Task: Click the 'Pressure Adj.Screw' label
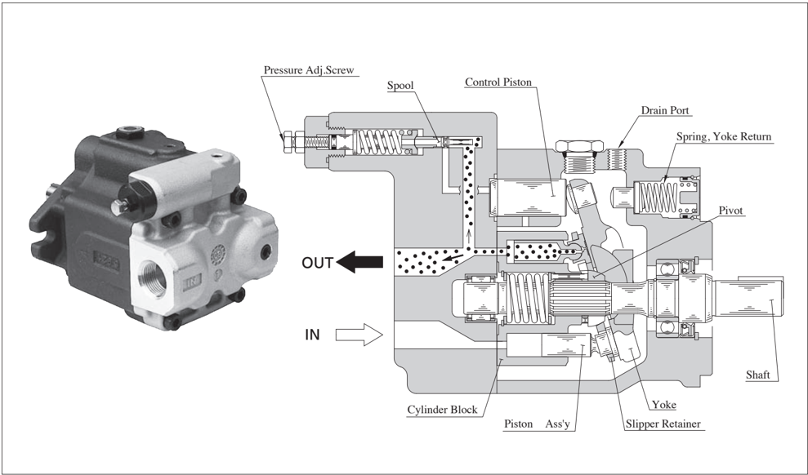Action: coord(308,70)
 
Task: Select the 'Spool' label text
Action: coord(400,85)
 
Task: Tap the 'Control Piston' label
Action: coord(502,82)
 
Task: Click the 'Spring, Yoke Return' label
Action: coord(723,136)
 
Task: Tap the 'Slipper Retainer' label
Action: coord(662,424)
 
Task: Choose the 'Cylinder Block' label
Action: coord(441,410)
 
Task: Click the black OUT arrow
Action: coord(360,262)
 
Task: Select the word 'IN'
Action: coord(312,335)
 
